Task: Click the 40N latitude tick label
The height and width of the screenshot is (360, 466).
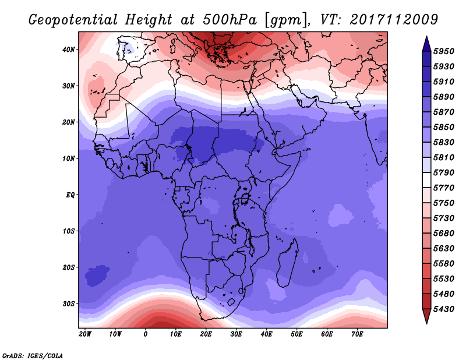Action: pyautogui.click(x=69, y=50)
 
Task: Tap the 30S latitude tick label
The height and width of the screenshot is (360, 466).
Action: pyautogui.click(x=69, y=303)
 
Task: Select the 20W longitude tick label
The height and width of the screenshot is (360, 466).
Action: pyautogui.click(x=85, y=334)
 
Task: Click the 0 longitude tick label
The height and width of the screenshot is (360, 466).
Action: pyautogui.click(x=146, y=334)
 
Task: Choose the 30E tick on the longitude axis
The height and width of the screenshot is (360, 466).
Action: pyautogui.click(x=236, y=334)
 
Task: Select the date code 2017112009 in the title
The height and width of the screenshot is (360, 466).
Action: pyautogui.click(x=394, y=20)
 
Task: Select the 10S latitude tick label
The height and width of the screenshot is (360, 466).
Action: pyautogui.click(x=69, y=231)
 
